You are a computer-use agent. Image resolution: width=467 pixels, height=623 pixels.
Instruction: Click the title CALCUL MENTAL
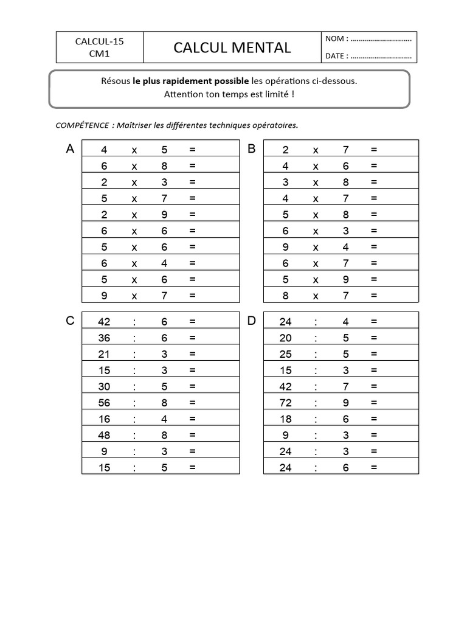pyautogui.click(x=232, y=47)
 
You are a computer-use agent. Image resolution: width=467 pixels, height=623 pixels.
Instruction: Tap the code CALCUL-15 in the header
pyautogui.click(x=99, y=41)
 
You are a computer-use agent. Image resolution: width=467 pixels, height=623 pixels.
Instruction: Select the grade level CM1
pyautogui.click(x=99, y=54)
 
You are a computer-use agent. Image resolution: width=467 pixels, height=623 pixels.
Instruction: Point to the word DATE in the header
pyautogui.click(x=336, y=56)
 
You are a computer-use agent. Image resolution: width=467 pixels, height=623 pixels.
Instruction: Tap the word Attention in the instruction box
pyautogui.click(x=184, y=94)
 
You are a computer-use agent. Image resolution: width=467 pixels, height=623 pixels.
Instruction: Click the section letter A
pyautogui.click(x=70, y=149)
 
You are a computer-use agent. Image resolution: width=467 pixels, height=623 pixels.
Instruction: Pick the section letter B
pyautogui.click(x=252, y=149)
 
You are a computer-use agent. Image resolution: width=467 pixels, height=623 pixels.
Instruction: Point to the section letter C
pyautogui.click(x=70, y=321)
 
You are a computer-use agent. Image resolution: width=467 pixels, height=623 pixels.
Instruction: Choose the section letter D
pyautogui.click(x=252, y=321)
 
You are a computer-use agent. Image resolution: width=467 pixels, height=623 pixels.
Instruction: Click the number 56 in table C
pyautogui.click(x=104, y=403)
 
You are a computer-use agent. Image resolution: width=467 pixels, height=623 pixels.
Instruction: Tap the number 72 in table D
pyautogui.click(x=285, y=403)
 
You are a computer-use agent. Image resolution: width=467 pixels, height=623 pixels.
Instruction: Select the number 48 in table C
pyautogui.click(x=104, y=435)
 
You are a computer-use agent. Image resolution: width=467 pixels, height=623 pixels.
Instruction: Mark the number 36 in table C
pyautogui.click(x=104, y=338)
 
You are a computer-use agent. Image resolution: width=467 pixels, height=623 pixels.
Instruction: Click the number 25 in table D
pyautogui.click(x=285, y=354)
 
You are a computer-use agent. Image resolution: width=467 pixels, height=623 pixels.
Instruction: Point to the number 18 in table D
pyautogui.click(x=285, y=419)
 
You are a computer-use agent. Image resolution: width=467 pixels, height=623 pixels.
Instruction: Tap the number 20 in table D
pyautogui.click(x=285, y=338)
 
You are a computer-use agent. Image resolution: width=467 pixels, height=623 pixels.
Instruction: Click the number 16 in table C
pyautogui.click(x=104, y=419)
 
